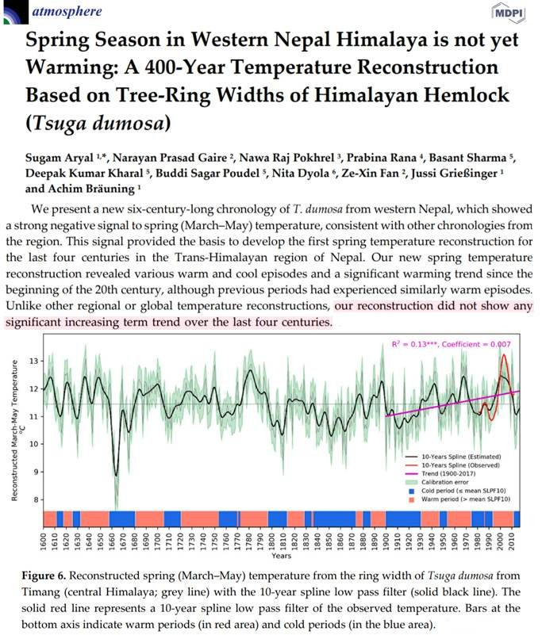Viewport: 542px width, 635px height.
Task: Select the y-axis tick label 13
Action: (x=33, y=361)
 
